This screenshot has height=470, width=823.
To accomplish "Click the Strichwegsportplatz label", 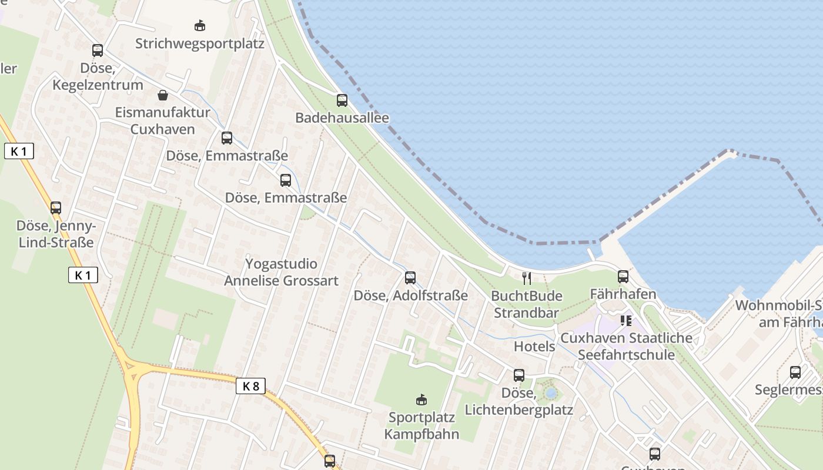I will coord(200,44).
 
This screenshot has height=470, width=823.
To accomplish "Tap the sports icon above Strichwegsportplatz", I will coord(200,26).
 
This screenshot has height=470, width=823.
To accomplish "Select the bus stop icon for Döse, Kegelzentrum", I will coord(98,51).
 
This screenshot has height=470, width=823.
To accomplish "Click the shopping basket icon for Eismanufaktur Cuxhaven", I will coord(163,95).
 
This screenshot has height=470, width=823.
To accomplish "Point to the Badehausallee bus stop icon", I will coord(342,100).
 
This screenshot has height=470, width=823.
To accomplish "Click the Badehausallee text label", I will coord(342,118).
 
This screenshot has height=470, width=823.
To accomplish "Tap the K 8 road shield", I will coord(250,386).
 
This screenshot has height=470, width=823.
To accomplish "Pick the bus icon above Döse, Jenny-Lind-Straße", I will coord(56,207).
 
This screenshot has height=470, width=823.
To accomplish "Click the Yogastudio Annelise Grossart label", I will coord(281,272).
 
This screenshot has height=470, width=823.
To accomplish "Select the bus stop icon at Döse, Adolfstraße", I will coord(410,278).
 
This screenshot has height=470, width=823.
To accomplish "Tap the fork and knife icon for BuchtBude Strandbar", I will coord(527,278).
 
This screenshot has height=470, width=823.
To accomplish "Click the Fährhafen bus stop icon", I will coord(623,277).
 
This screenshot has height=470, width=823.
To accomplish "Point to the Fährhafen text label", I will coord(623,294).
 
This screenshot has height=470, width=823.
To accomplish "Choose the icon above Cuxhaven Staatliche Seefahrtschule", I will coord(625,321).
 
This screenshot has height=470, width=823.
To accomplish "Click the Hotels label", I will coord(534,347).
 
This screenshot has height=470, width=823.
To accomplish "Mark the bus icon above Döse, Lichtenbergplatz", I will coord(519,375).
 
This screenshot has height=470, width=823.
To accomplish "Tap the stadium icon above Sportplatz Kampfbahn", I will coord(421,400).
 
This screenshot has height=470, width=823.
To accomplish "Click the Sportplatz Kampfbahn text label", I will coord(421,426).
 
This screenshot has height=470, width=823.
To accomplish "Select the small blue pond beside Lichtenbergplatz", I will coord(551,392).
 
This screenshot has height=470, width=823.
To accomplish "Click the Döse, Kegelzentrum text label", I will coord(98,76).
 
